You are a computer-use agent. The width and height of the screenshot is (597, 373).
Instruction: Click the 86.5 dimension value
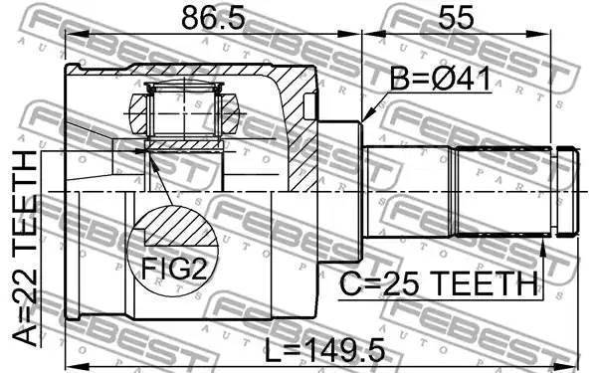[213, 18]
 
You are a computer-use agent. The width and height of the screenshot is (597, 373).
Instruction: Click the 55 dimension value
[457, 18]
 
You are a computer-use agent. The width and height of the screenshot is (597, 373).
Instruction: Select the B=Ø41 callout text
[440, 79]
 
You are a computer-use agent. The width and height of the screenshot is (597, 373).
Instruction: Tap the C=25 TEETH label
[438, 284]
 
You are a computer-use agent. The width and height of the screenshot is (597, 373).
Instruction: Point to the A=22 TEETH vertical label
[26, 250]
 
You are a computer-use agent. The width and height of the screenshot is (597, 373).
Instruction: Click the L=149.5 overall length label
[324, 351]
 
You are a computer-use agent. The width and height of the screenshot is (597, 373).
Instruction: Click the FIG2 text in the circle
[174, 270]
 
